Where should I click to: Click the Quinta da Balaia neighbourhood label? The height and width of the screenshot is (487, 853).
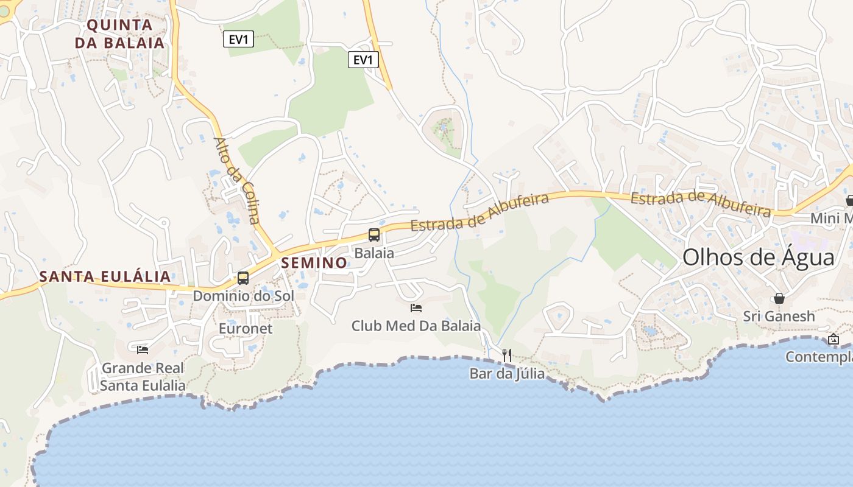[x=119, y=33]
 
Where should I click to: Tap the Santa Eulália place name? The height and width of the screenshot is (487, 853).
[x=105, y=276]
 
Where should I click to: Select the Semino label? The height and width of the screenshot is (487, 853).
[x=314, y=263]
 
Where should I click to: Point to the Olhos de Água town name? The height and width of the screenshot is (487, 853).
[x=758, y=258]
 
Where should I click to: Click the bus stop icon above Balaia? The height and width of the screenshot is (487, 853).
[x=373, y=235]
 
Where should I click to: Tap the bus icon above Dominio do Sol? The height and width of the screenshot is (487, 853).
[x=243, y=278]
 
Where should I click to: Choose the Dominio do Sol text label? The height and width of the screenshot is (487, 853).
[x=243, y=296]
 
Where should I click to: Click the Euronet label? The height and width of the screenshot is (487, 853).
[x=246, y=329]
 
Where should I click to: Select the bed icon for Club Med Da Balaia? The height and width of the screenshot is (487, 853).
[x=416, y=308]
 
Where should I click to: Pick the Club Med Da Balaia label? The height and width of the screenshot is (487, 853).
[x=416, y=326]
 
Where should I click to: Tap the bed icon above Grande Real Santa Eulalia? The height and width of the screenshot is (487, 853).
[x=143, y=349]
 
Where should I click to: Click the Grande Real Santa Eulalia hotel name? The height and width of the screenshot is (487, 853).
[x=143, y=377]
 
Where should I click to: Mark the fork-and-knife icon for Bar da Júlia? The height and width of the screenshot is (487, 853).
[x=507, y=355]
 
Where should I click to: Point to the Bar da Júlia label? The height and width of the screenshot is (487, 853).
[x=507, y=373]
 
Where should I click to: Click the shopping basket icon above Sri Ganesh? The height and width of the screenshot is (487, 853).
[x=779, y=298]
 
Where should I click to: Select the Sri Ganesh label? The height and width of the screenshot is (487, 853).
[x=779, y=317]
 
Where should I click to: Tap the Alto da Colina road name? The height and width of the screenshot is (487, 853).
[x=236, y=180]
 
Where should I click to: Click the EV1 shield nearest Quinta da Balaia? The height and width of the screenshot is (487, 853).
[x=238, y=40]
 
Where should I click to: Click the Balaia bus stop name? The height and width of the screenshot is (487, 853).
[x=374, y=253]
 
